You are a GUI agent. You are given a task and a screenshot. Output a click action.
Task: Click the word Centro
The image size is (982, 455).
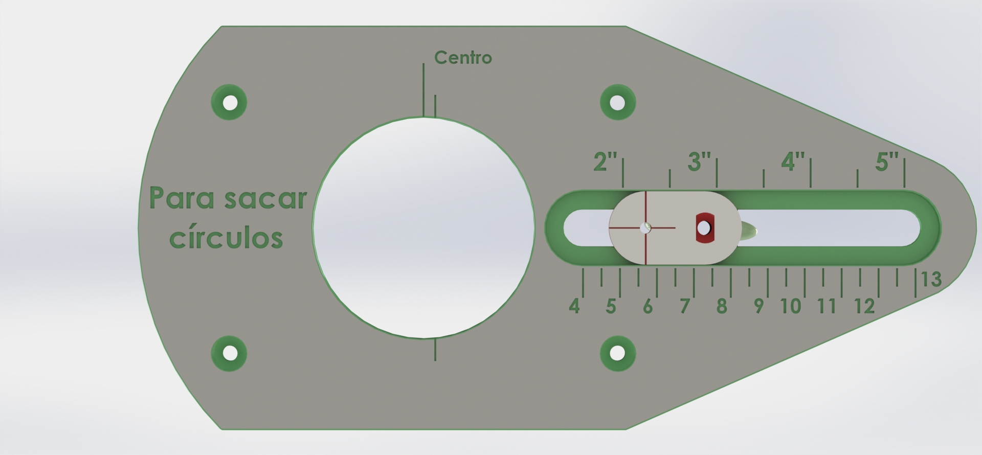[463, 57]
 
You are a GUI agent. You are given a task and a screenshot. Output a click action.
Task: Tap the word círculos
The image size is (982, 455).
[226, 238]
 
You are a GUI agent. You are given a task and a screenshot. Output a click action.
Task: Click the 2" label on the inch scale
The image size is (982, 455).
[605, 162]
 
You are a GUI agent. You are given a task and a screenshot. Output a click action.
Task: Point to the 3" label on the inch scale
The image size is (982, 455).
[699, 162]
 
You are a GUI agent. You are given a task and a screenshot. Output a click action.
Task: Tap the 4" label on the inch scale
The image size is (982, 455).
[793, 162]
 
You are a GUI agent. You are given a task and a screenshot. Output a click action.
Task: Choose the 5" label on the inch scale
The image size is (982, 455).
[886, 162]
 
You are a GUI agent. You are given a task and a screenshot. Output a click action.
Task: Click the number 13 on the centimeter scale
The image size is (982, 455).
[931, 280]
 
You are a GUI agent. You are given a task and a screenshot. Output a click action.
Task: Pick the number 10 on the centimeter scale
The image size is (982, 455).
[791, 306]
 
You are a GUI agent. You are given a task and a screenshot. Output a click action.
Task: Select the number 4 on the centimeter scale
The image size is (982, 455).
[574, 306]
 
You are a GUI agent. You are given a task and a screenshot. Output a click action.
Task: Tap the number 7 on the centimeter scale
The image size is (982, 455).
[685, 306]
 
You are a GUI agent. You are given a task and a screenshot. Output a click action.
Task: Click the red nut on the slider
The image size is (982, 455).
[705, 228]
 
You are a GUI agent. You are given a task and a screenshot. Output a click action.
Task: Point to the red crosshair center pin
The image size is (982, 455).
[646, 228]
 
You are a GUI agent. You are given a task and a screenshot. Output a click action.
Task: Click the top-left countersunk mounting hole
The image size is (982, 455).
[230, 102]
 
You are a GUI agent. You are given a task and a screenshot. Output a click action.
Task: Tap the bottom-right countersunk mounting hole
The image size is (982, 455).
[618, 353]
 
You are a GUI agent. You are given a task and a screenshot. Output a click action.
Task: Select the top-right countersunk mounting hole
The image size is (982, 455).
[618, 102]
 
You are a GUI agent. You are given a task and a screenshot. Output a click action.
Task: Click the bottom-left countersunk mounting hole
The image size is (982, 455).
[230, 353]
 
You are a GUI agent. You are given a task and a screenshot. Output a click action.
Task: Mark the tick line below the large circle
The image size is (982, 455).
[435, 350]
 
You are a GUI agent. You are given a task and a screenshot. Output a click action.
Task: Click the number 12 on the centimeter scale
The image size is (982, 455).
[864, 306]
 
